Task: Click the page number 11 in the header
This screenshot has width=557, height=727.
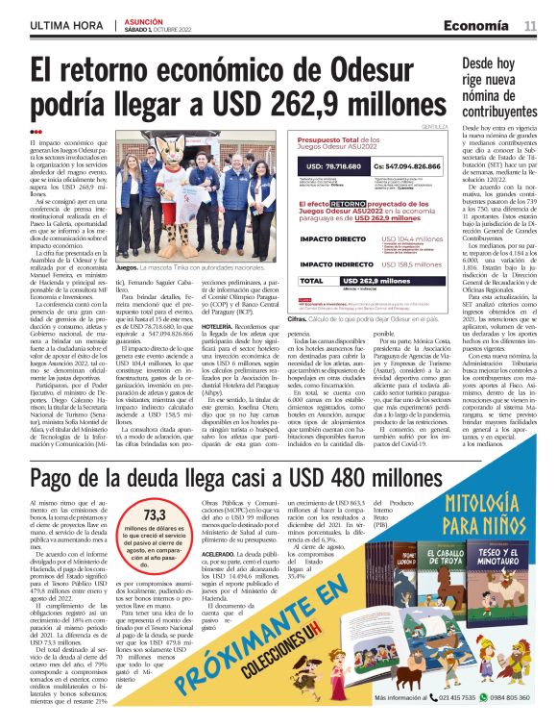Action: pyautogui.click(x=530, y=25)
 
